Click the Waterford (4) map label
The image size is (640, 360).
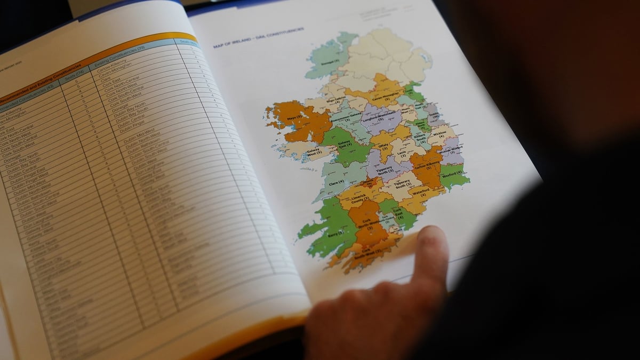pos(420,193)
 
